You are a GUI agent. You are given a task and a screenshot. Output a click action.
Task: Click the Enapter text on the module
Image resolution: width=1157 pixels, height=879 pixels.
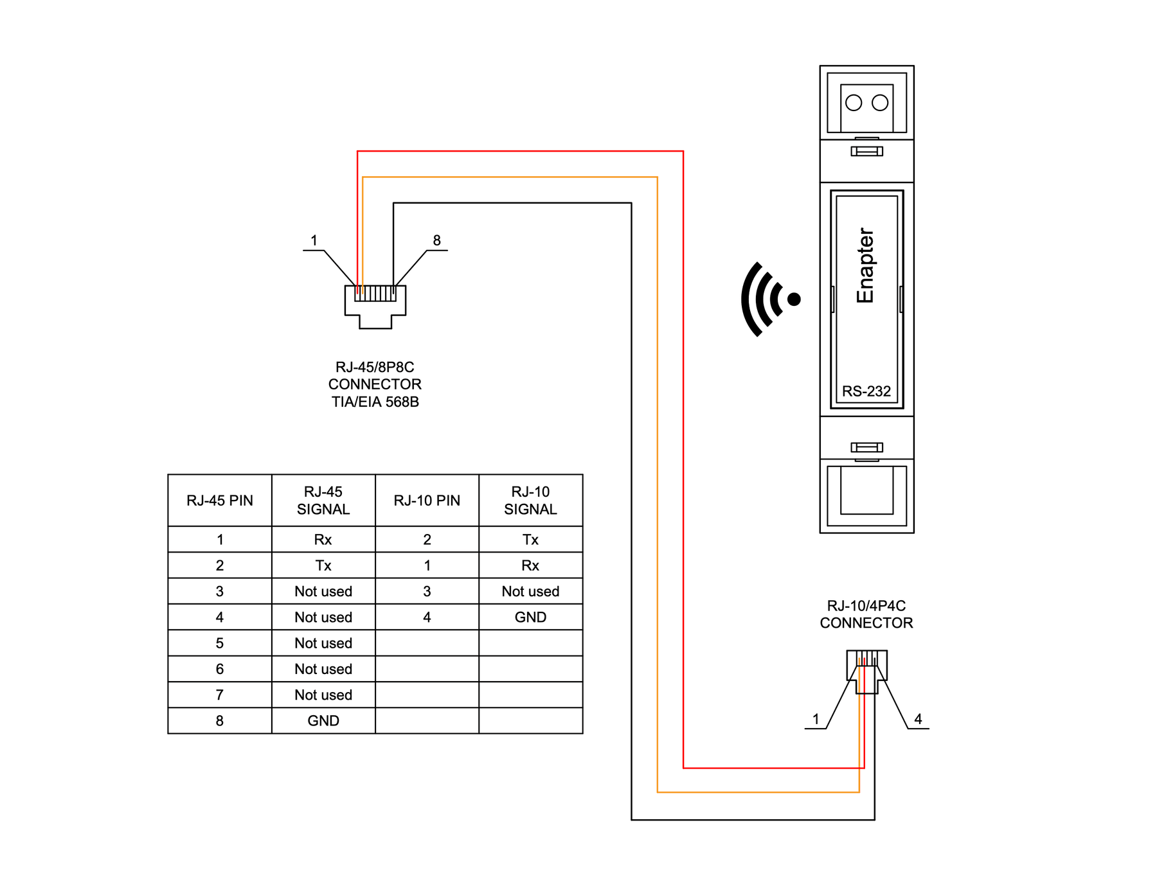pyautogui.click(x=865, y=265)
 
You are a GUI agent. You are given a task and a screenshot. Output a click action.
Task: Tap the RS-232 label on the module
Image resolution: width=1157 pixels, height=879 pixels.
pyautogui.click(x=866, y=391)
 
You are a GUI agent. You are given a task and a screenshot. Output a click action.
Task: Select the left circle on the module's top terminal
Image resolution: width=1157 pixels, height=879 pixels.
pyautogui.click(x=853, y=103)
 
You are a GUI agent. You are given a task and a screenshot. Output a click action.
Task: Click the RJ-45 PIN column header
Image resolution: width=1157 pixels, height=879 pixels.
pyautogui.click(x=219, y=501)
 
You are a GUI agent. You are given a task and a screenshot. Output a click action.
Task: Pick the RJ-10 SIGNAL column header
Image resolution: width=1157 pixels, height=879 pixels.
pyautogui.click(x=530, y=501)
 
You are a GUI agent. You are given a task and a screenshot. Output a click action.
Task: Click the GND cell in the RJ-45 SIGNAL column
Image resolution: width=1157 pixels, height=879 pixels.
pyautogui.click(x=323, y=721)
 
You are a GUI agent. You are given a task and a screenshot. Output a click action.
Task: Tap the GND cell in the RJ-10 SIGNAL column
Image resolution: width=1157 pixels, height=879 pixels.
pyautogui.click(x=530, y=617)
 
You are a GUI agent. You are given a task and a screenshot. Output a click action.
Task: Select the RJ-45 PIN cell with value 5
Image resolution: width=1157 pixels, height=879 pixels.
pyautogui.click(x=219, y=643)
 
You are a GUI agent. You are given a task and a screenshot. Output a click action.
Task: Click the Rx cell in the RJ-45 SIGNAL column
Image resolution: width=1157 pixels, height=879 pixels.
pyautogui.click(x=323, y=540)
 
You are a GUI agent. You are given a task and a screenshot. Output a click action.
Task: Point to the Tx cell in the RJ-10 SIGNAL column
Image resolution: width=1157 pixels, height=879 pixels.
pyautogui.click(x=530, y=540)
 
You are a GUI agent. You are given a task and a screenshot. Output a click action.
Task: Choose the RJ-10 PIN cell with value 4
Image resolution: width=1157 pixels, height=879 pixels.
pyautogui.click(x=427, y=617)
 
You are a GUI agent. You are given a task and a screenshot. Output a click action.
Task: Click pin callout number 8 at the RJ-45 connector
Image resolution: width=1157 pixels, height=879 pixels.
pyautogui.click(x=436, y=240)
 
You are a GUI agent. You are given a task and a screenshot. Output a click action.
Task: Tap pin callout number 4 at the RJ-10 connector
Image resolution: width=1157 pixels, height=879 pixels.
pyautogui.click(x=918, y=719)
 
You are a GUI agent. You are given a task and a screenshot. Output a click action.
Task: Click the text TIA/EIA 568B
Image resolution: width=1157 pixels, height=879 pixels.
pyautogui.click(x=375, y=402)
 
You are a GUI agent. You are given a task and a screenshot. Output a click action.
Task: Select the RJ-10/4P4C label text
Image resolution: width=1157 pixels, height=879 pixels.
pyautogui.click(x=866, y=606)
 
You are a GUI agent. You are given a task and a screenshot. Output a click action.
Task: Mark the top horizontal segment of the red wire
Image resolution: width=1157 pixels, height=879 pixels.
pyautogui.click(x=519, y=151)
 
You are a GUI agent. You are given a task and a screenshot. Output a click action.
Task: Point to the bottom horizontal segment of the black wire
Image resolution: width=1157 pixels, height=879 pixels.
pyautogui.click(x=752, y=820)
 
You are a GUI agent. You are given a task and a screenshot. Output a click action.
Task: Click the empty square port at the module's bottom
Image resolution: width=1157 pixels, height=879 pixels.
pyautogui.click(x=866, y=492)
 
